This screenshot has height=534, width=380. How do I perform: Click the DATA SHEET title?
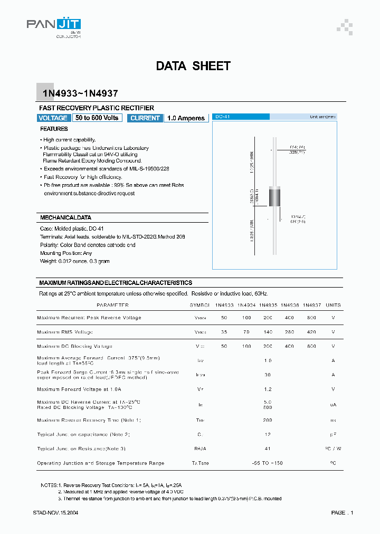tap(193, 66)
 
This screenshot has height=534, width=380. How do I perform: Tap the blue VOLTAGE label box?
tap(53, 118)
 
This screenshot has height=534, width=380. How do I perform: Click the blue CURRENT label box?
tap(145, 118)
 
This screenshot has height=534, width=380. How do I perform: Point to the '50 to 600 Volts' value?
tap(97, 118)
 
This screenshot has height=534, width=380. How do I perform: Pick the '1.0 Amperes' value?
tap(186, 118)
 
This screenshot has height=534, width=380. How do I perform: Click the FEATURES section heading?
tap(54, 129)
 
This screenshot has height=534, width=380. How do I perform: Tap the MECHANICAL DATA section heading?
tap(66, 217)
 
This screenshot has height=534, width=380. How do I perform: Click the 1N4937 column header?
tap(312, 305)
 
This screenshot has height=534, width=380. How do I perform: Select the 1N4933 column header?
tap(224, 305)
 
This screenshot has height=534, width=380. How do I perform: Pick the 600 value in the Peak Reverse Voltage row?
tap(311, 318)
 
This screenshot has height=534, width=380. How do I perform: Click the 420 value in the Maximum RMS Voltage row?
tap(311, 332)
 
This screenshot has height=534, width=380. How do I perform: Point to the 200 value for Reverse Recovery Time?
tap(268, 420)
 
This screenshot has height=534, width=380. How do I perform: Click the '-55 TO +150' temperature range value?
tap(268, 463)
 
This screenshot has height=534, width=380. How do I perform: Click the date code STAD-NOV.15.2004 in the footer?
tap(55, 512)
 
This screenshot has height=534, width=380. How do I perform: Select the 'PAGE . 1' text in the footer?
tap(342, 512)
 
